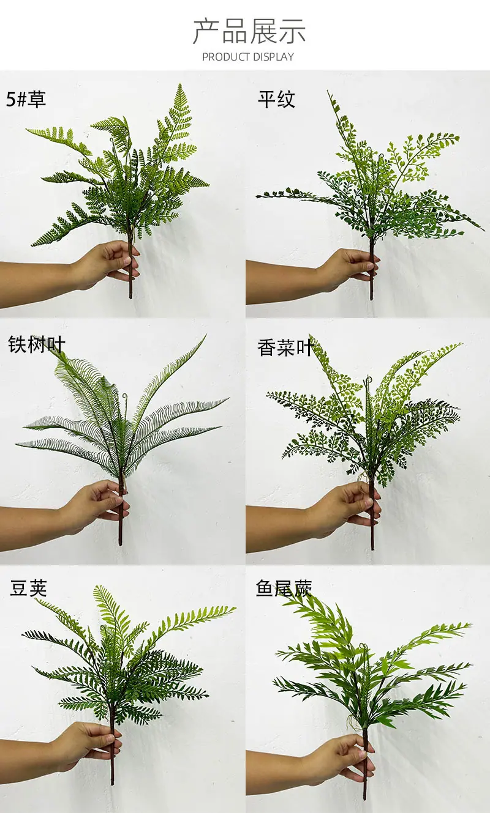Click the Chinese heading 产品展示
[249, 32]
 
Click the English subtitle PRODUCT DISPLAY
[248, 57]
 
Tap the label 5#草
[26, 98]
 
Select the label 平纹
[276, 99]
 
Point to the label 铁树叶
[36, 344]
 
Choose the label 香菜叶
[285, 347]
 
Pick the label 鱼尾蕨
[284, 588]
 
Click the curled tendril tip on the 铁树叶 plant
[125, 395]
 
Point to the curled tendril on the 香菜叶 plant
[368, 381]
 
